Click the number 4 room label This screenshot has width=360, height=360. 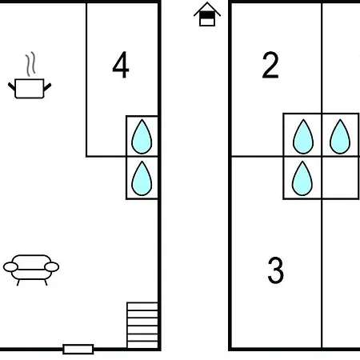pyautogui.click(x=121, y=65)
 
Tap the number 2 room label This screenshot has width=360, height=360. pyautogui.click(x=270, y=65)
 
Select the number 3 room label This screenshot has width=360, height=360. pyautogui.click(x=275, y=270)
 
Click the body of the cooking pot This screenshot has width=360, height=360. pyautogui.click(x=30, y=89)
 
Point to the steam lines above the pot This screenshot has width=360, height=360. pyautogui.click(x=30, y=64)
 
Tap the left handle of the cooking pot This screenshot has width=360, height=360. pyautogui.click(x=11, y=86)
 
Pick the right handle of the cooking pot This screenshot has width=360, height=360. pyautogui.click(x=47, y=86)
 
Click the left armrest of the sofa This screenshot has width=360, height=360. pyautogui.click(x=10, y=266)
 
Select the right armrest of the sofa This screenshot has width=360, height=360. pyautogui.click(x=51, y=266)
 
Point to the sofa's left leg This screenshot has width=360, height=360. pyautogui.click(x=18, y=282)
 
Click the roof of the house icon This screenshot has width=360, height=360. pyautogui.click(x=207, y=9)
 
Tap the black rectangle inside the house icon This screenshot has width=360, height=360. pyautogui.click(x=207, y=16)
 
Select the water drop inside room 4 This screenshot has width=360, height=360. pyautogui.click(x=142, y=137)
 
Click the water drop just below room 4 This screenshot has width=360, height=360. pyautogui.click(x=142, y=178)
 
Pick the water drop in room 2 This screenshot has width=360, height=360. pyautogui.click(x=303, y=137)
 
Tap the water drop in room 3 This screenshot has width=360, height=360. pyautogui.click(x=302, y=178)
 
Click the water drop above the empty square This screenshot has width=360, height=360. pyautogui.click(x=340, y=137)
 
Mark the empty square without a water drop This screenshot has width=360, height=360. pyautogui.click(x=340, y=178)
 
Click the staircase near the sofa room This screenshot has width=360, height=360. pyautogui.click(x=142, y=325)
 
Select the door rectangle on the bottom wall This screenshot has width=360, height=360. pyautogui.click(x=78, y=349)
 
